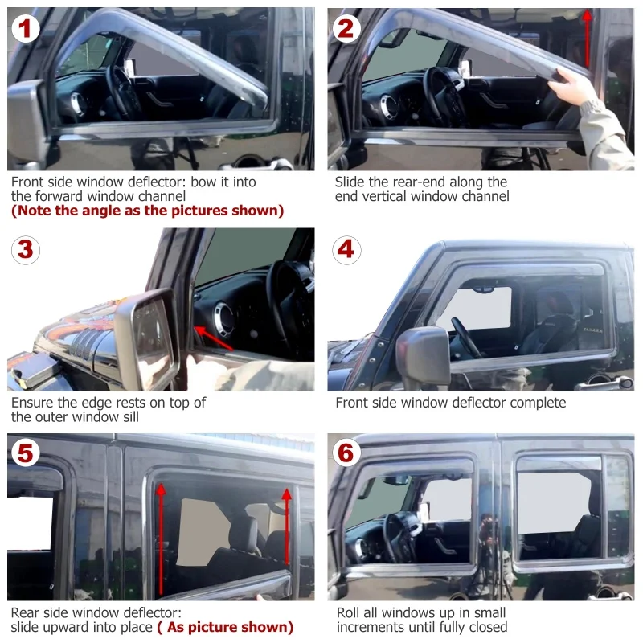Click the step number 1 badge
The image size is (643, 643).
click(x=26, y=29)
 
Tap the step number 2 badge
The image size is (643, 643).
click(x=346, y=29)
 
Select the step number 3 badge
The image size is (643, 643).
click(x=26, y=250)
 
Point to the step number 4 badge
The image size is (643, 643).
click(x=346, y=250)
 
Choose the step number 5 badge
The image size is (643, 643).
click(x=26, y=453)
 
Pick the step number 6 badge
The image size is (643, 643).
click(x=346, y=453)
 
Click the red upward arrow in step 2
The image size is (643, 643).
click(x=588, y=39)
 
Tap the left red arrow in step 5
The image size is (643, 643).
click(x=161, y=539)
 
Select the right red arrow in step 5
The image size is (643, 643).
click(x=287, y=526)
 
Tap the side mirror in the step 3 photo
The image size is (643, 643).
click(x=149, y=338)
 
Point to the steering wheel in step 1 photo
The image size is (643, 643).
click(x=122, y=92)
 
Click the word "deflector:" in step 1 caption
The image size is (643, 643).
click(x=157, y=182)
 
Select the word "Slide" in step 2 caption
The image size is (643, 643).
click(x=350, y=182)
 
